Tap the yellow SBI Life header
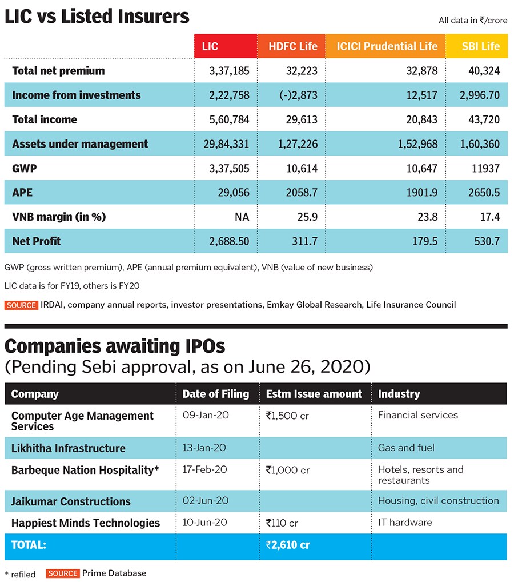(x=480, y=46)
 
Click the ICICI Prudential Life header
(x=387, y=46)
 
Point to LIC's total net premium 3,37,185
(x=226, y=71)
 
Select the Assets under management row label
(x=80, y=144)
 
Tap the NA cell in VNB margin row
(x=242, y=217)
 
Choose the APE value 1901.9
(x=423, y=193)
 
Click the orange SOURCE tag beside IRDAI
(x=21, y=305)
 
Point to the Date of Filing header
(x=215, y=394)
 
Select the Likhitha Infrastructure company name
(x=69, y=448)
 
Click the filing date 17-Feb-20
(x=205, y=469)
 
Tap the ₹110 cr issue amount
(x=282, y=523)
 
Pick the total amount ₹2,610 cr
(x=288, y=545)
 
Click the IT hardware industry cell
(x=405, y=522)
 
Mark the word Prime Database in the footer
(x=114, y=573)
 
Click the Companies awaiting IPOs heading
(x=115, y=346)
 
